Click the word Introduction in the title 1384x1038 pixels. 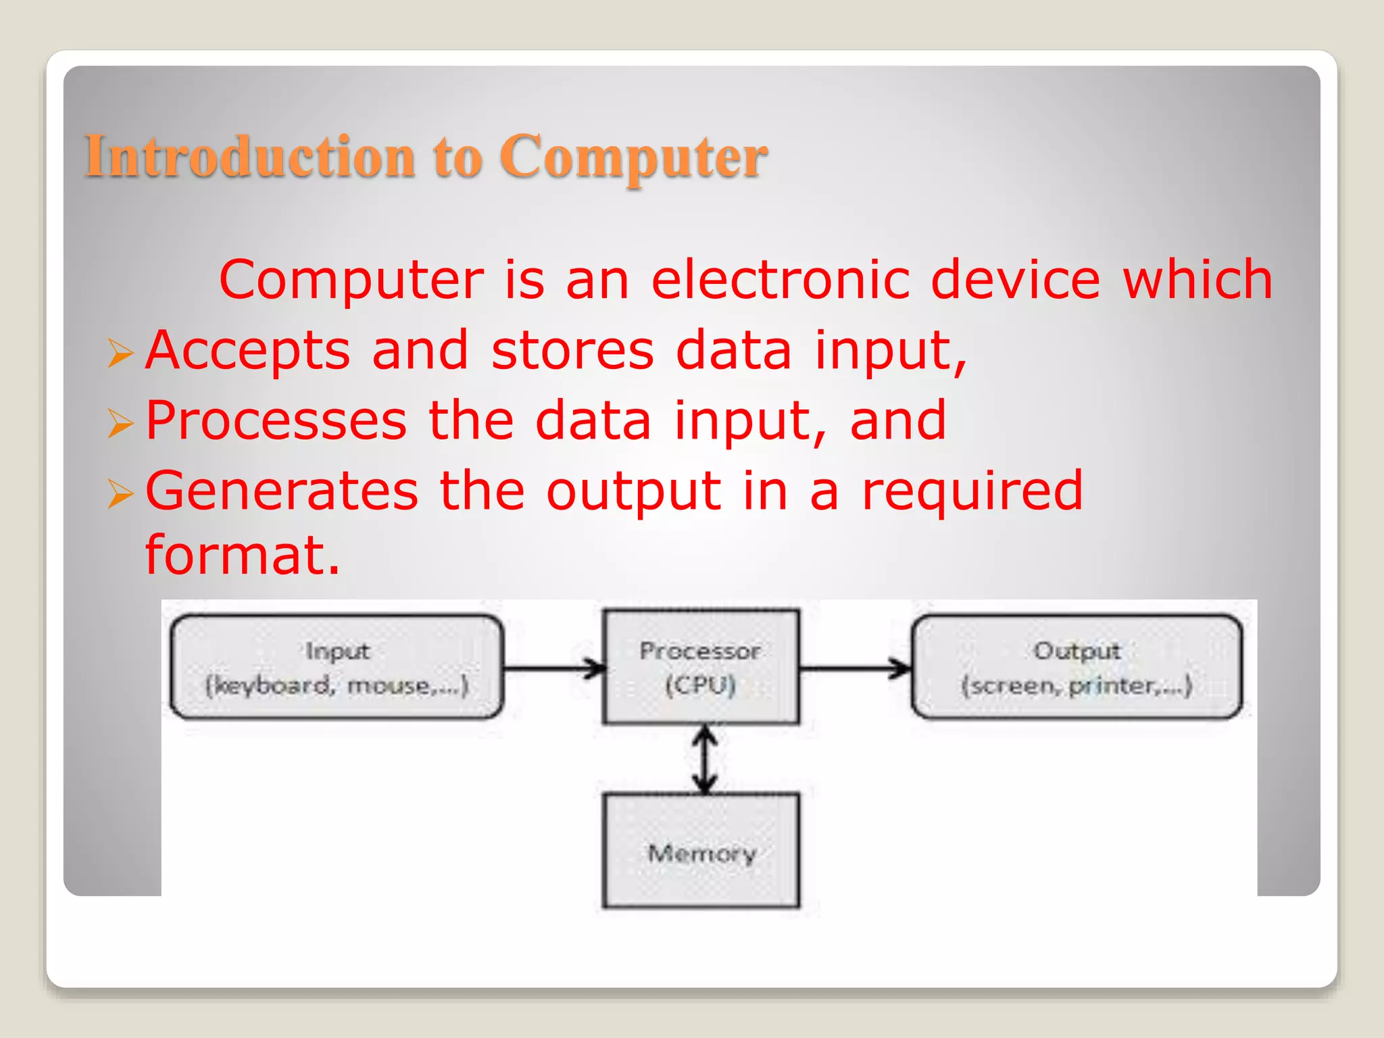tap(249, 156)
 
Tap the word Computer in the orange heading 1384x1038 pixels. tap(633, 156)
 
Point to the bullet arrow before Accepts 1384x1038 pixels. tap(120, 353)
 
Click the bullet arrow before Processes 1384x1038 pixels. tap(120, 424)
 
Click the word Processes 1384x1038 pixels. tap(276, 420)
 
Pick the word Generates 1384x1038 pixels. tap(282, 491)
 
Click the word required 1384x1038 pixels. tap(972, 491)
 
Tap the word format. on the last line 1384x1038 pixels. tap(243, 555)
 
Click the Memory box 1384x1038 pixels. tap(701, 851)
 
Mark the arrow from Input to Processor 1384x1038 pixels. tap(554, 669)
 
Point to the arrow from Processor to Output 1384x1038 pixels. tap(856, 669)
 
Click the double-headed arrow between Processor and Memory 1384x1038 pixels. tap(705, 759)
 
